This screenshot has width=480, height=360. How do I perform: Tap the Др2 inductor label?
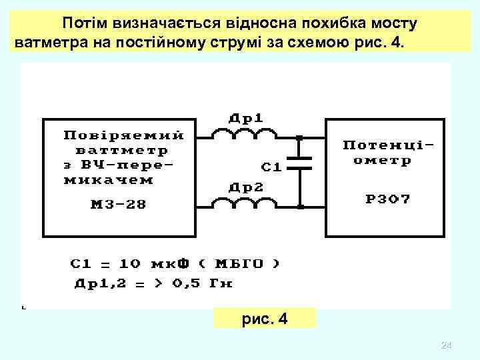click(246, 187)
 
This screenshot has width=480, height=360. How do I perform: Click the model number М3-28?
click(117, 204)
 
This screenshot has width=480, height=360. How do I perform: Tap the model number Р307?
click(388, 199)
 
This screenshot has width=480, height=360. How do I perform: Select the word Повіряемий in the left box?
click(123, 135)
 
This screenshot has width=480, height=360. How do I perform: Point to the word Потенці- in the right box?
click(392, 145)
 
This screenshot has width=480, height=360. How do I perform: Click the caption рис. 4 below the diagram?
click(265, 318)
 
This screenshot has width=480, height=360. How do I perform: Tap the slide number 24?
click(447, 345)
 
